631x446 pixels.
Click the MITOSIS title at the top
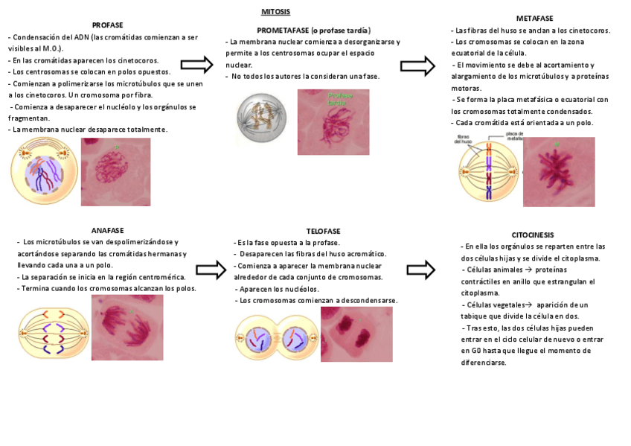[x=275, y=12]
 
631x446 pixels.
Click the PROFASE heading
[x=108, y=25]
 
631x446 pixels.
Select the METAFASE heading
[x=534, y=18]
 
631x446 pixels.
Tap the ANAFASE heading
[x=107, y=230]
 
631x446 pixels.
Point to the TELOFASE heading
[x=323, y=231]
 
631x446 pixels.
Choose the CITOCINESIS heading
[x=533, y=235]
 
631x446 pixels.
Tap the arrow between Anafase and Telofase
[x=211, y=270]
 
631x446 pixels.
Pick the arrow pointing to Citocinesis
[x=421, y=270]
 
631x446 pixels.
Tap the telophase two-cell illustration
[x=276, y=340]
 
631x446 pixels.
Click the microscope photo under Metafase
[x=559, y=171]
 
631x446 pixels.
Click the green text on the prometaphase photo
[x=340, y=100]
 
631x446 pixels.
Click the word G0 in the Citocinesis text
[x=467, y=350]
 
